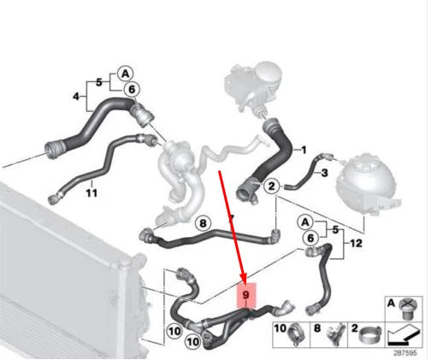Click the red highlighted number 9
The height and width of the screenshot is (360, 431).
coord(246,295)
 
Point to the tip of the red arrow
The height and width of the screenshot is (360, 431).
coord(245,282)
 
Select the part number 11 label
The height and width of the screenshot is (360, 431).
coord(92,193)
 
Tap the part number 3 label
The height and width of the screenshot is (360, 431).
coord(323,173)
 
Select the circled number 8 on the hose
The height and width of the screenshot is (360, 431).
coord(203,223)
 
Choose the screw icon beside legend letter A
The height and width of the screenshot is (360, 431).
coord(405,304)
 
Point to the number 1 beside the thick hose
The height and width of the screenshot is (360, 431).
coord(300,150)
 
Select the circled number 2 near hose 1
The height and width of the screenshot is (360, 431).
coord(272,186)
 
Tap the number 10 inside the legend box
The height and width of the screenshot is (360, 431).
coord(281,328)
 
